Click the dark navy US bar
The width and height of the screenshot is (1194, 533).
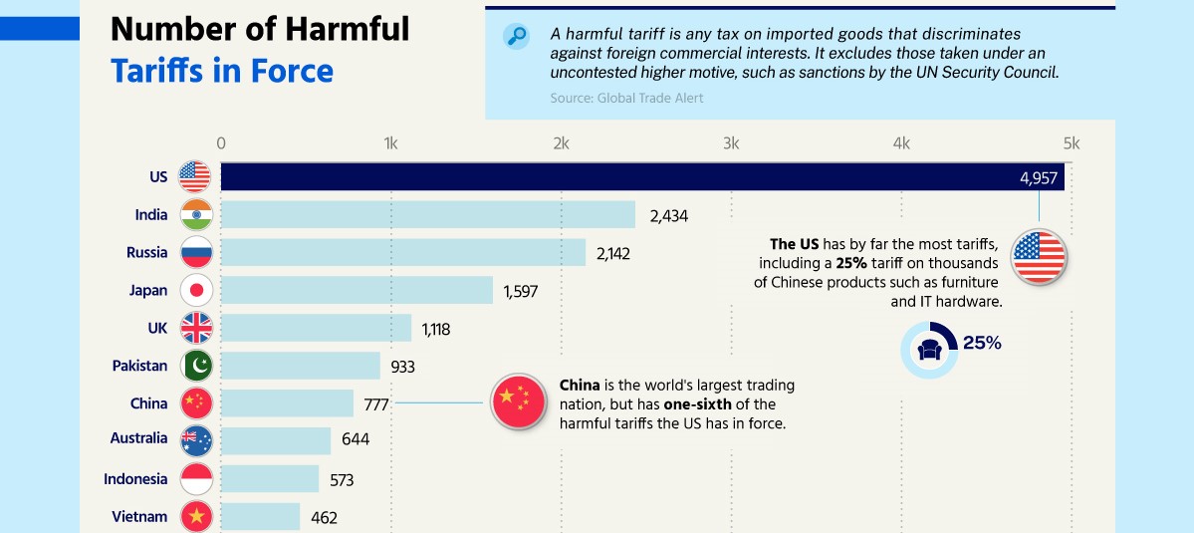pos(642,176)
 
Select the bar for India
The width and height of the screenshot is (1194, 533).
pos(428,215)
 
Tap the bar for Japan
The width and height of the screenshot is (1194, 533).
pos(358,290)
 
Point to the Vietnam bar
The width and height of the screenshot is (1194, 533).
pos(261,517)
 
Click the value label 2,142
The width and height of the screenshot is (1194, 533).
pos(613,254)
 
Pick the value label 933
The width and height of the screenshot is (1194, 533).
pos(403,367)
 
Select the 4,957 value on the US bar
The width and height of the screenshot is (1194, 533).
pos(1040,178)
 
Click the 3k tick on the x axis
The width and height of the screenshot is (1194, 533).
pos(731,143)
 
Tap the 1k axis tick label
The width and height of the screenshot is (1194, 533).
pos(390,143)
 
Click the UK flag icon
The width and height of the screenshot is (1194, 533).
pos(196,328)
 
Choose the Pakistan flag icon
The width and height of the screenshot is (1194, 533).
pos(196,366)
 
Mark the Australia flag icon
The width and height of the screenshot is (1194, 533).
pos(196,440)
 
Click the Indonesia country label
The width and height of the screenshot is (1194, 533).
pos(135,479)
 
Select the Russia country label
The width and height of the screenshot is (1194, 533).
pos(147,253)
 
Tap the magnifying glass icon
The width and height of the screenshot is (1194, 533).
pos(516,37)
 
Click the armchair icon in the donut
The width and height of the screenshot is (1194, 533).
pos(929,351)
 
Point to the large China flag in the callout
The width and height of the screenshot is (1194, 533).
pos(519,401)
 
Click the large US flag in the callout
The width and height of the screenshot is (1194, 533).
pos(1039,257)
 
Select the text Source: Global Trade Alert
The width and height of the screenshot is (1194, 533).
pos(626,98)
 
